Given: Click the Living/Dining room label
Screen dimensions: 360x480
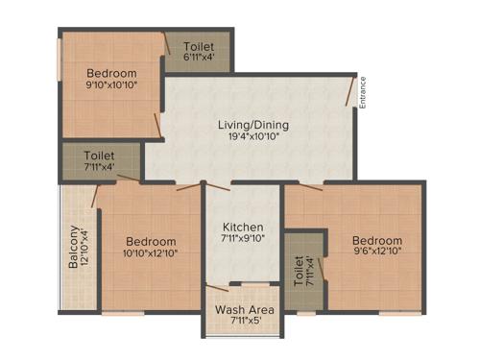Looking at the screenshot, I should coord(253,125).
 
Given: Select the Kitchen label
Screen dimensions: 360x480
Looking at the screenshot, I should coord(243,226).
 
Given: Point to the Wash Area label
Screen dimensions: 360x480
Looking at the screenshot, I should coord(244,310).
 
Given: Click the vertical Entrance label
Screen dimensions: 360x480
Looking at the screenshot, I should coord(363,92).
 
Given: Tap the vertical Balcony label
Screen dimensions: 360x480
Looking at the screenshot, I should coord(73,247).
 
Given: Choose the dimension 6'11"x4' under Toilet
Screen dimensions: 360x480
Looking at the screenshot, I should coord(199,58).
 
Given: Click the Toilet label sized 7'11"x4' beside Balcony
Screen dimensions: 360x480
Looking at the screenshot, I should coord(99,154).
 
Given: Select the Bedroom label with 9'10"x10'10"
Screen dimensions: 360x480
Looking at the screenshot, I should coord(111,73).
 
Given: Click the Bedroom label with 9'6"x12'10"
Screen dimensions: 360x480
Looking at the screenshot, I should coord(376,240).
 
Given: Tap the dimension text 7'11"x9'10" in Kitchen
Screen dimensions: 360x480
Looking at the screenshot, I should coord(243,239).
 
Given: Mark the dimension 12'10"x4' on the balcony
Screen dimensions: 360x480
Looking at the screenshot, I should coord(85,247).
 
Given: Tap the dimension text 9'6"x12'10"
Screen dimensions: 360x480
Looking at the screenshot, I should coord(376,253).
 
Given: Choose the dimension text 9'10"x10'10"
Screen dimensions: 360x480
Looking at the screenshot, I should coord(111,86).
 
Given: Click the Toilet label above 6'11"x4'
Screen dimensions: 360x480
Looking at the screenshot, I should coord(199,45).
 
